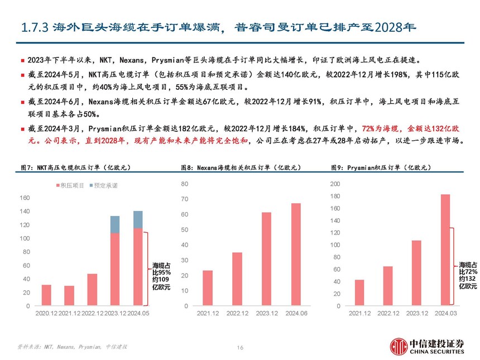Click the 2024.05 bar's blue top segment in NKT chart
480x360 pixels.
click(x=137, y=219)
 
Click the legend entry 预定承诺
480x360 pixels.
click(x=105, y=185)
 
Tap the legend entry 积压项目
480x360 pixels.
click(x=71, y=185)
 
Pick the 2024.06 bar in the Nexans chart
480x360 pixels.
click(x=296, y=255)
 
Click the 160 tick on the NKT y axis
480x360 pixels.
click(x=25, y=198)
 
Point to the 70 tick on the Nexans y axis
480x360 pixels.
click(x=185, y=199)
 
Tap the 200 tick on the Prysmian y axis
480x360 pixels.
click(x=334, y=184)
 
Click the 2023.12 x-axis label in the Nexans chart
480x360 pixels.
click(x=266, y=314)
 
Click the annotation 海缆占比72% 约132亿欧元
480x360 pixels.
click(x=468, y=275)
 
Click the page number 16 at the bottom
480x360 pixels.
click(x=240, y=347)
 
